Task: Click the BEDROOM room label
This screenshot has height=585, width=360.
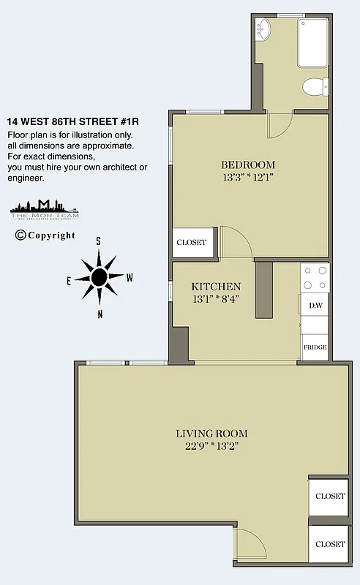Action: point(248,164)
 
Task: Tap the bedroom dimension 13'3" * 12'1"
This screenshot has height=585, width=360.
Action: point(248,177)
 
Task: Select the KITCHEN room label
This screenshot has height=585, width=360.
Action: point(216,286)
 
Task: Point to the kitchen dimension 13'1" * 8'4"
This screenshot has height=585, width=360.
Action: point(216,299)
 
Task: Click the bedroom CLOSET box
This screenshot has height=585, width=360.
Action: point(192,242)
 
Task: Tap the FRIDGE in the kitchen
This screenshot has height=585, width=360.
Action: point(315,347)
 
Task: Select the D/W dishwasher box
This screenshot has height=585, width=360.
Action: point(315,305)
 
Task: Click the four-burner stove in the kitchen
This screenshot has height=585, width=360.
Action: point(315,277)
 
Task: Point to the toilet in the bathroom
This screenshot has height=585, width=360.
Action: point(315,86)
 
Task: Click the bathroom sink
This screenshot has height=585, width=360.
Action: point(263,31)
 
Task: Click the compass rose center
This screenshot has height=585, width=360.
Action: point(99,276)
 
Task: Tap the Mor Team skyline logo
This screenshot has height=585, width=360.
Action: point(45,209)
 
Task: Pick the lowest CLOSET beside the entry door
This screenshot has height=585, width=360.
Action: point(329,544)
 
